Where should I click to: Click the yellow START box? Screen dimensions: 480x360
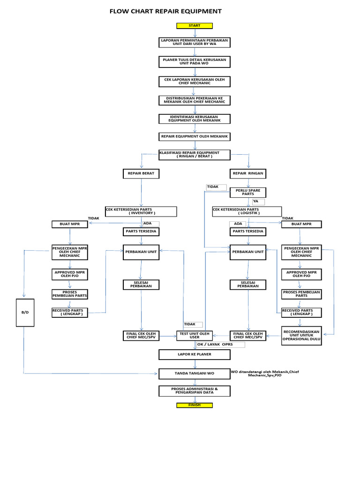click(195, 25)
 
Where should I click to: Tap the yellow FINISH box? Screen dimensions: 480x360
click(195, 405)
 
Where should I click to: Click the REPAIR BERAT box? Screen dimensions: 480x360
click(141, 173)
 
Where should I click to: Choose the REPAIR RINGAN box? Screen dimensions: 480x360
click(248, 173)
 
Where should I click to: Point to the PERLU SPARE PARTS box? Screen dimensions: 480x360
click(248, 193)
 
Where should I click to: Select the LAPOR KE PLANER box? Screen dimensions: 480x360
click(195, 354)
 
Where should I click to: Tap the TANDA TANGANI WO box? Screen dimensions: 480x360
click(195, 373)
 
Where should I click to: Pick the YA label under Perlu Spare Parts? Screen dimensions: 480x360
click(258, 202)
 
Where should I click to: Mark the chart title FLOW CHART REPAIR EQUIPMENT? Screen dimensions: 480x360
click(165, 11)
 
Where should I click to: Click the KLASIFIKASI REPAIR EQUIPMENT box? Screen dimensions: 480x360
click(195, 155)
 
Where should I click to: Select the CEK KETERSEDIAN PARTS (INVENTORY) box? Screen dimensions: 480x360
click(142, 211)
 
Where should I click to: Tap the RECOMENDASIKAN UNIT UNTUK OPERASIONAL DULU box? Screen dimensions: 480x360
click(301, 336)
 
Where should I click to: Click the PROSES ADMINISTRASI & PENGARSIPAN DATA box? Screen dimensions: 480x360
click(195, 390)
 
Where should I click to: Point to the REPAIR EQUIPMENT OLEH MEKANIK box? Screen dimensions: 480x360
click(195, 136)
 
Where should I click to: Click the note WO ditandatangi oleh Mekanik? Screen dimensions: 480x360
click(265, 374)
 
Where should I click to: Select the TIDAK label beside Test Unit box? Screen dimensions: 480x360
click(193, 324)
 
